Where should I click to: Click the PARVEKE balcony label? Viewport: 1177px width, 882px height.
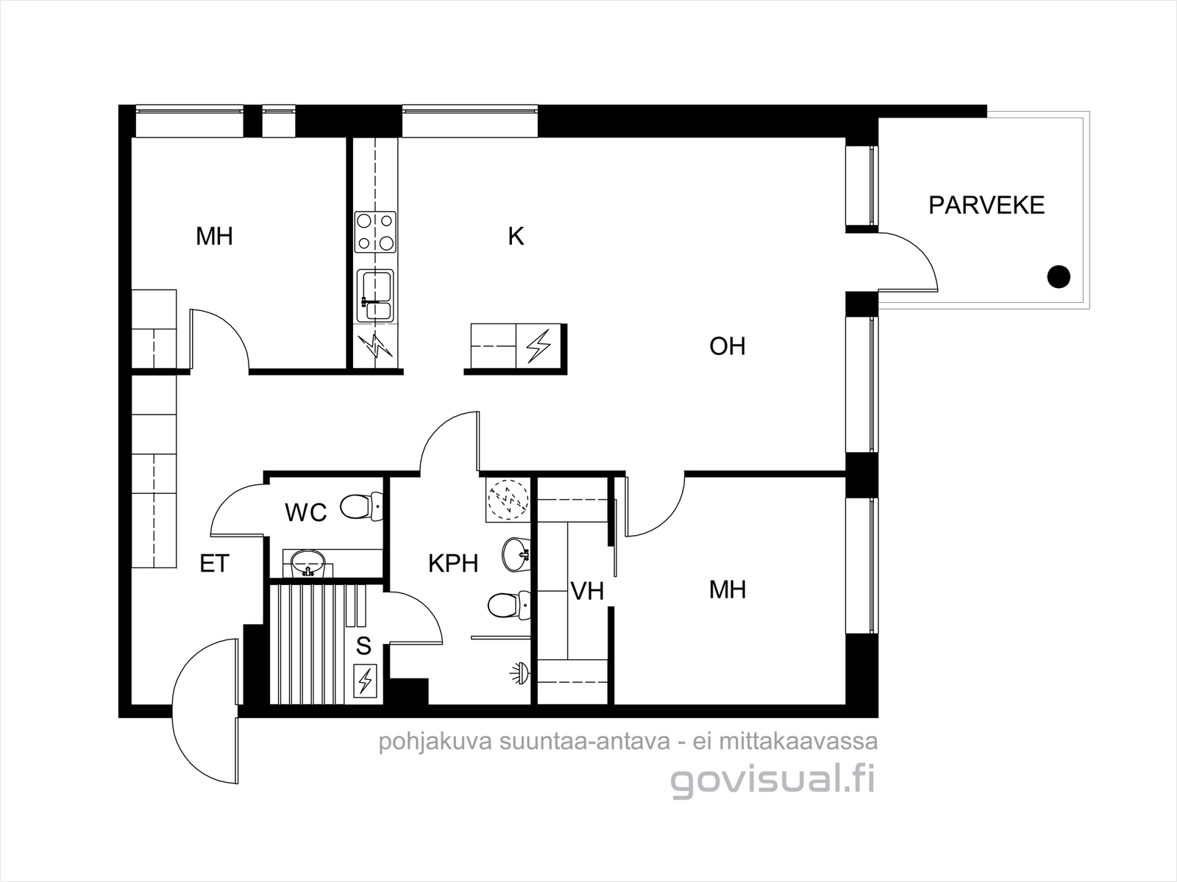tap(986, 205)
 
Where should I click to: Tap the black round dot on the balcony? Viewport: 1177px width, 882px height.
tap(1059, 277)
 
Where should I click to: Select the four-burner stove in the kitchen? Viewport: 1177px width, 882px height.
tap(375, 232)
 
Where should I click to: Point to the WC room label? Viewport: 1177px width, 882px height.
tap(305, 512)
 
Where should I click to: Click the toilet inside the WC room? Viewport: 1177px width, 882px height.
tap(361, 506)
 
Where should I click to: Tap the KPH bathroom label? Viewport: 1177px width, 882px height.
tap(453, 563)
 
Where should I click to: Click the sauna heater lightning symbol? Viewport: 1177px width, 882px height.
tap(365, 681)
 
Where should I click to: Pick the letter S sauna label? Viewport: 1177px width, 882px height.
tap(363, 646)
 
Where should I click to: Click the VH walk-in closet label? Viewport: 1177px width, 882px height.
tap(587, 591)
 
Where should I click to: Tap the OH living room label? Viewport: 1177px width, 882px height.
tap(727, 346)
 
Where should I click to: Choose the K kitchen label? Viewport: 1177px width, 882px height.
tap(516, 236)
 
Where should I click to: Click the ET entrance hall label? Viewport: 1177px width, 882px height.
tap(215, 563)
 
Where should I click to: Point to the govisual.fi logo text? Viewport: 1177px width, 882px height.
tap(772, 781)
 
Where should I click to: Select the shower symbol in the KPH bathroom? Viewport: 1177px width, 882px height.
tap(519, 673)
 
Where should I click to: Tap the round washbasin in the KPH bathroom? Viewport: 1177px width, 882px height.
tap(516, 555)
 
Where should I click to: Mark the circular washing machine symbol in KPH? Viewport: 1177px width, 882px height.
tap(508, 501)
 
